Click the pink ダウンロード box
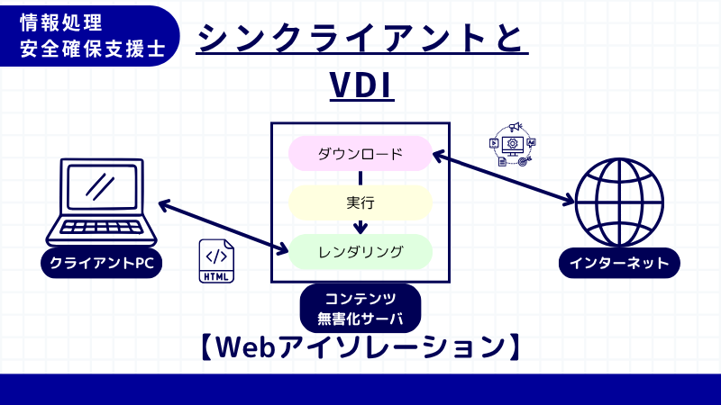(x=360, y=153)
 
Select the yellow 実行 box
(x=360, y=202)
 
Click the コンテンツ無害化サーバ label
(x=360, y=307)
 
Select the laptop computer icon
(x=99, y=202)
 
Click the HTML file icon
(x=216, y=260)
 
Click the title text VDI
(x=360, y=86)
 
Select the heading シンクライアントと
(x=360, y=38)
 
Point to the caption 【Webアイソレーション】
(x=360, y=348)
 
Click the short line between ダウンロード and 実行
(x=360, y=177)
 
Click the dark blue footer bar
(x=360, y=389)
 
